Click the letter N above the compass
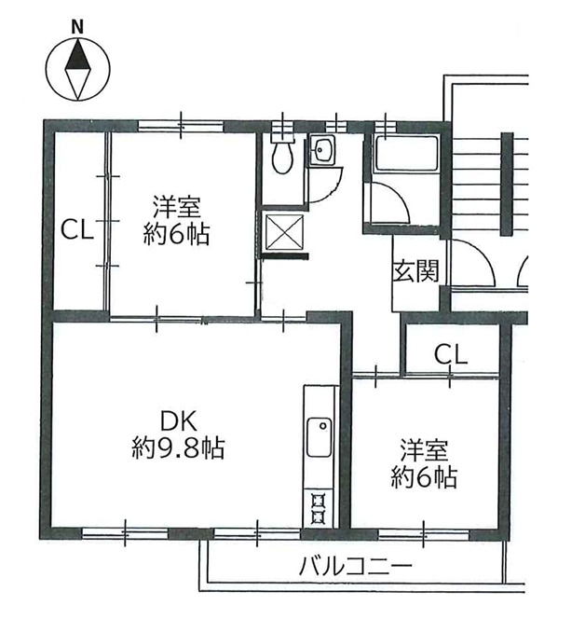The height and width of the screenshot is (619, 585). click(x=77, y=27)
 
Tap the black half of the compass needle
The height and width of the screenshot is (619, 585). click(x=77, y=55)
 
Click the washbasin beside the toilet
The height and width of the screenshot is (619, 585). click(x=322, y=150)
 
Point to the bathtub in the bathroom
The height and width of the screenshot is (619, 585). click(x=406, y=153)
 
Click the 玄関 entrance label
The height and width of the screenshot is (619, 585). click(x=416, y=270)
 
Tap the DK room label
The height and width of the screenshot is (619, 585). click(x=178, y=421)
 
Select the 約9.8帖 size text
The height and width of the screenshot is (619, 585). click(x=178, y=448)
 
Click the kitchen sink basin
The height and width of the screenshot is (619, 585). click(x=320, y=437)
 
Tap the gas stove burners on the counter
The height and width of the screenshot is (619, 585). click(x=318, y=508)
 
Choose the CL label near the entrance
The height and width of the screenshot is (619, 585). click(x=451, y=354)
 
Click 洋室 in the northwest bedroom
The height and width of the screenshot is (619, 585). click(x=177, y=207)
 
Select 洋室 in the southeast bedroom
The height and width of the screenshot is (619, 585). click(x=425, y=450)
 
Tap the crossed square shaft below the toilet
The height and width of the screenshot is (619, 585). click(x=285, y=232)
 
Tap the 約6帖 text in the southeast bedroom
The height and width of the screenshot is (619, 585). click(x=425, y=477)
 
